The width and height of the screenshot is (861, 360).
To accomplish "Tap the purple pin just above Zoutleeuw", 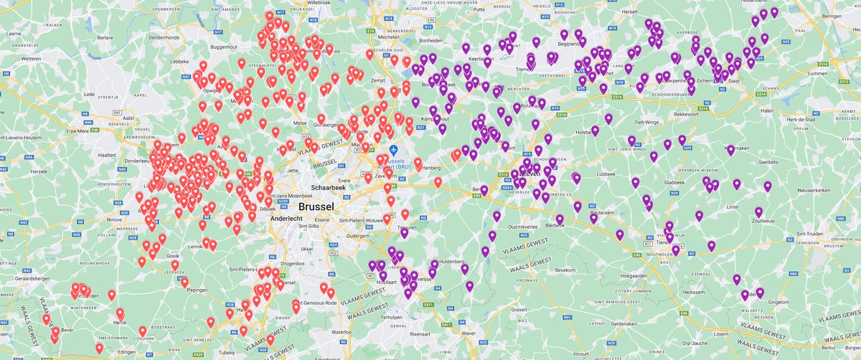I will (x=758, y=212).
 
